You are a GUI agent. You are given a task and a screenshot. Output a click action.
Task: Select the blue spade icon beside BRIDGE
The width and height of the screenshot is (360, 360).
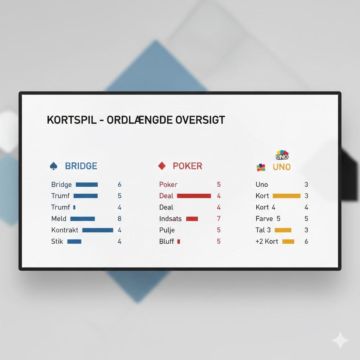(x=53, y=166)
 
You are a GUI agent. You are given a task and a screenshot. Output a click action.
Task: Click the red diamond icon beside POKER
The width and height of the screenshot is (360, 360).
(x=162, y=166)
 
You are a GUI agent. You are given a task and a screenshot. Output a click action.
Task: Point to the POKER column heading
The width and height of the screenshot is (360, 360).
(x=187, y=166)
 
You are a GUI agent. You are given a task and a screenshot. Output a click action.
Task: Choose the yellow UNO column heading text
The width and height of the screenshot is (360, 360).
(x=282, y=167)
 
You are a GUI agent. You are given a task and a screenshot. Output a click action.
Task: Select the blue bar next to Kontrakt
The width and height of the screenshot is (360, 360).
(x=98, y=230)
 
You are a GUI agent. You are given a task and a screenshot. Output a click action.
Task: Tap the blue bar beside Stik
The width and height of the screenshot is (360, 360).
(x=74, y=242)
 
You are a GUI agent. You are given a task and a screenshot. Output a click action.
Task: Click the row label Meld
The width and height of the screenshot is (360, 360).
(x=59, y=219)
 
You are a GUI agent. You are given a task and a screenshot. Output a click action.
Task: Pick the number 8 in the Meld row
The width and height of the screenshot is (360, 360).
(x=120, y=219)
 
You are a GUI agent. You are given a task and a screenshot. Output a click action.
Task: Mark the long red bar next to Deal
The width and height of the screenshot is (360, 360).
(x=194, y=196)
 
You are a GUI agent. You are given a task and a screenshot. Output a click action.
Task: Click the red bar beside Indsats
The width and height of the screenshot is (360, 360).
(x=192, y=219)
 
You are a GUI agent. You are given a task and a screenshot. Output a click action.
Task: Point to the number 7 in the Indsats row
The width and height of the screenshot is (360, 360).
(x=219, y=219)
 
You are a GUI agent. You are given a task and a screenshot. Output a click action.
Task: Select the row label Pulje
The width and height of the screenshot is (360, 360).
(x=167, y=230)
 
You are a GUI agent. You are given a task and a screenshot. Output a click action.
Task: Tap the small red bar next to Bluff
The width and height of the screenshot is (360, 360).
(x=179, y=242)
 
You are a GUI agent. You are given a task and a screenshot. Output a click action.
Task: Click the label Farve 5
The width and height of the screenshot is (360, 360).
(x=268, y=219)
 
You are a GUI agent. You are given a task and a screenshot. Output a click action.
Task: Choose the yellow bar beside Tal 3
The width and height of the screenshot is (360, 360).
(x=283, y=230)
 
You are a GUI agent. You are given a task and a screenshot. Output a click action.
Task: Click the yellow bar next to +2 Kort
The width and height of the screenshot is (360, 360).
(x=288, y=242)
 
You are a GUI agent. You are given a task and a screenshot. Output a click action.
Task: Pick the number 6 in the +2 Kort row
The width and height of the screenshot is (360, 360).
(x=306, y=242)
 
